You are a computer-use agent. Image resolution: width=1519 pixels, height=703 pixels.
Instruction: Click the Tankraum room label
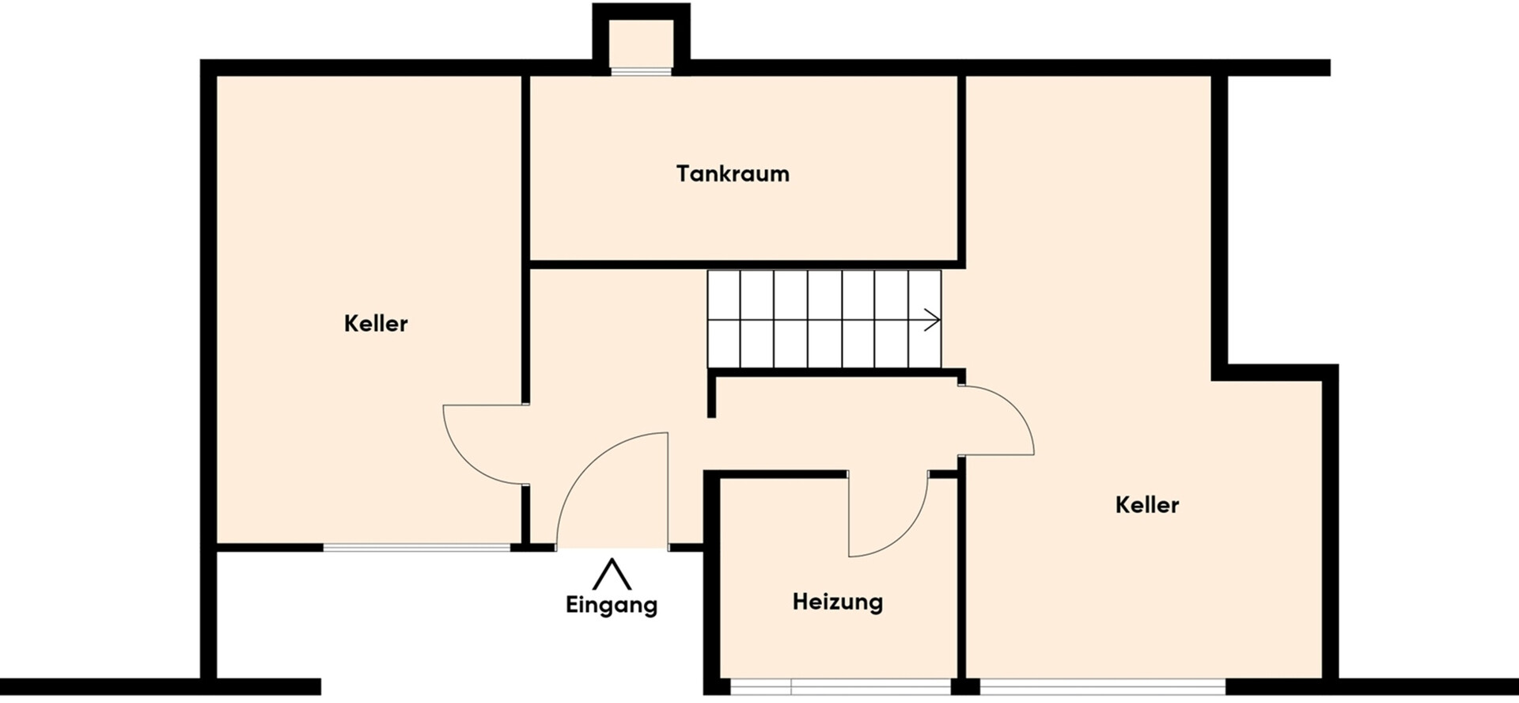pos(733,174)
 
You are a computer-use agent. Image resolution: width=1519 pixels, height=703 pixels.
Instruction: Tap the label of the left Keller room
pos(376,324)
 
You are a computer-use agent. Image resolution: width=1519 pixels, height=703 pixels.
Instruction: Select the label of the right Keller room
pos(1146,505)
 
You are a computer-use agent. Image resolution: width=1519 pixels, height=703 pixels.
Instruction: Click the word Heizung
pos(837,602)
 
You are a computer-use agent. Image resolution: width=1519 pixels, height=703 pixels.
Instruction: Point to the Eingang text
pos(612,606)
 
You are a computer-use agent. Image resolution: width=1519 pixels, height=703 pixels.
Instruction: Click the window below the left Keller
pos(417,547)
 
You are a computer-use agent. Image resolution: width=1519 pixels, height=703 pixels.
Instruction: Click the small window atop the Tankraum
pos(641,71)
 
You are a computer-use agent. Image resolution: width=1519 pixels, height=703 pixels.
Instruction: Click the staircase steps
pos(823,320)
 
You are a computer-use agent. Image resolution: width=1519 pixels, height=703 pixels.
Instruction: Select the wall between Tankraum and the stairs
pos(744,264)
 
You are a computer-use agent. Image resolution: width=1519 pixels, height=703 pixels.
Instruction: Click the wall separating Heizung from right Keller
pos(962,578)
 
